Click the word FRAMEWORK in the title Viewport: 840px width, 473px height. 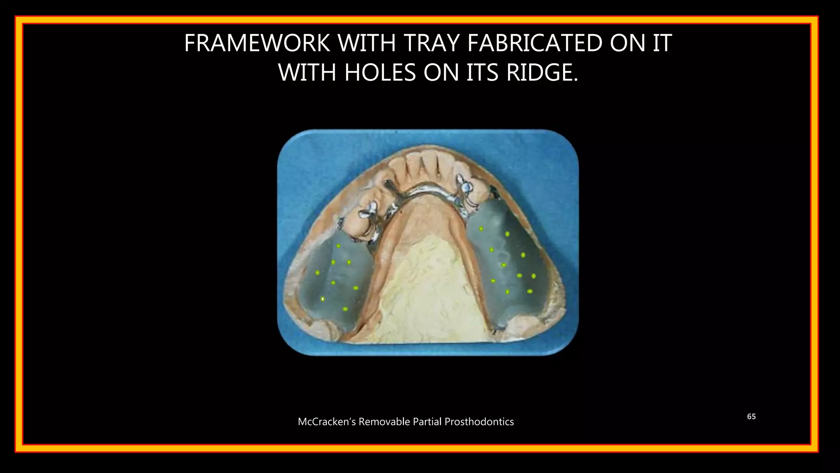point(257,43)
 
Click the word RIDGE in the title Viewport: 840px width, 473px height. point(541,73)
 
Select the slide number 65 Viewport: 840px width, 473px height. point(751,416)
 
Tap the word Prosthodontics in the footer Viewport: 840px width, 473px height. point(479,422)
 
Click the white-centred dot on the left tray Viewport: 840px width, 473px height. point(323,299)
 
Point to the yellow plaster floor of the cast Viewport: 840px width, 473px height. point(427,287)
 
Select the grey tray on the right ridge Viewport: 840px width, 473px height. point(513,263)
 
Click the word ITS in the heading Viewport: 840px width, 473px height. point(482,73)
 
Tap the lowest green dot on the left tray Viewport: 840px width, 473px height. point(345,309)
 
